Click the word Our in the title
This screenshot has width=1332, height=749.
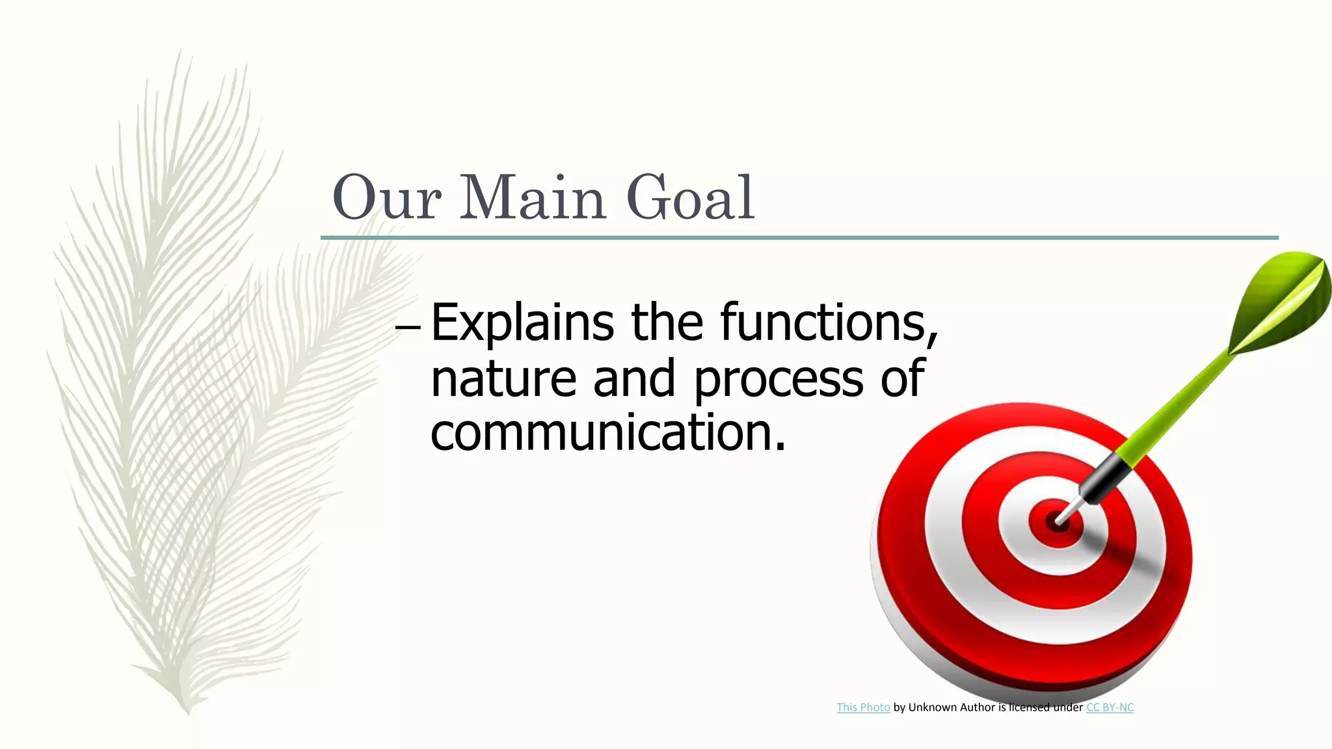coord(386,198)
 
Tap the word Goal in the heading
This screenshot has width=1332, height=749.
coord(690,198)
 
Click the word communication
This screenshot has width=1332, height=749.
coord(607,433)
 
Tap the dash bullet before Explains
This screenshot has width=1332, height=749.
coord(408,328)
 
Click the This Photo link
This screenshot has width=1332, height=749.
coord(863,707)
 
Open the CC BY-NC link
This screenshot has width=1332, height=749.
coord(1110,707)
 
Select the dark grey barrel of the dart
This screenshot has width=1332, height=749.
coord(1103,478)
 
